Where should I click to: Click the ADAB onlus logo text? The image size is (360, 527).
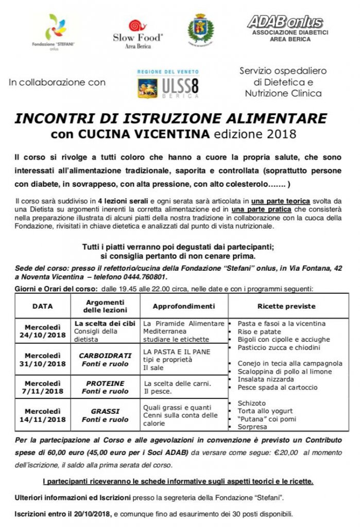(x=285, y=22)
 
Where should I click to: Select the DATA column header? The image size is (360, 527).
(x=42, y=306)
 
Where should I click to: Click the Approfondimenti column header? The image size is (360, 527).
(x=184, y=306)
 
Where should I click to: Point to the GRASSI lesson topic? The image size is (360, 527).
(x=105, y=412)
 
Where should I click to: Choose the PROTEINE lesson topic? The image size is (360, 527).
(x=105, y=383)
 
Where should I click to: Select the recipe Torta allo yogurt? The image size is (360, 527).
(x=265, y=411)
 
